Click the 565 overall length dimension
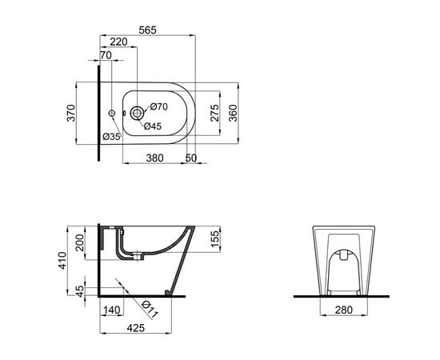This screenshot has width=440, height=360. [148, 30]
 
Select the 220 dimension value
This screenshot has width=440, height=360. [118, 42]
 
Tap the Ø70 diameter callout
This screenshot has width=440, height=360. [159, 106]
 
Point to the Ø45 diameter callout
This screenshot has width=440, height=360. [153, 126]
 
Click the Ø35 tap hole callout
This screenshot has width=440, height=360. [111, 137]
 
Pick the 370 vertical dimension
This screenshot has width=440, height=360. [71, 113]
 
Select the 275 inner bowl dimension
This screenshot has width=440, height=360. [214, 113]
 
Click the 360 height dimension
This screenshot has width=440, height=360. [233, 113]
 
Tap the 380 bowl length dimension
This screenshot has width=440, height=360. [154, 158]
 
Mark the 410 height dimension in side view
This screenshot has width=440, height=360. [62, 261]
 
